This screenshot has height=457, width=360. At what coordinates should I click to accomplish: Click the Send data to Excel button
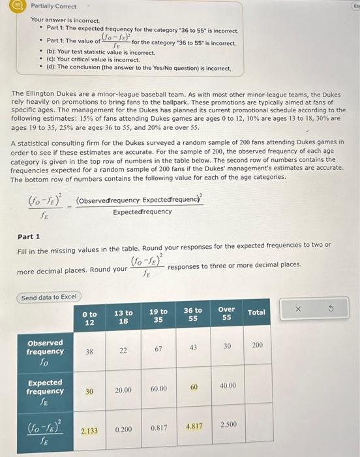point(49,297)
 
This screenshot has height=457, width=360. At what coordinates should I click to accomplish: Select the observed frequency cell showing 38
point(89,350)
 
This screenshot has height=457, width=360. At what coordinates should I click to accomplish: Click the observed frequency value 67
point(158,349)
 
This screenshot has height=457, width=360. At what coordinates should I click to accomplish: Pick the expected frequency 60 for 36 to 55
point(193,388)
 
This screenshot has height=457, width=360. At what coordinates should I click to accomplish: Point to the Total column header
point(256,313)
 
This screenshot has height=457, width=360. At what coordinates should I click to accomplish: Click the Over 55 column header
point(226,313)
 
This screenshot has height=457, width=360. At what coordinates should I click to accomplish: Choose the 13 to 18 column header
point(123,317)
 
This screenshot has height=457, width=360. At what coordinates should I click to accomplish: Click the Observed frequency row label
point(45,351)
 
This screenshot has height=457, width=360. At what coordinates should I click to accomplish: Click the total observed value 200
point(256,344)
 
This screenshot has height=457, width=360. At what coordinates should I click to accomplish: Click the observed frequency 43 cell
point(193,348)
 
